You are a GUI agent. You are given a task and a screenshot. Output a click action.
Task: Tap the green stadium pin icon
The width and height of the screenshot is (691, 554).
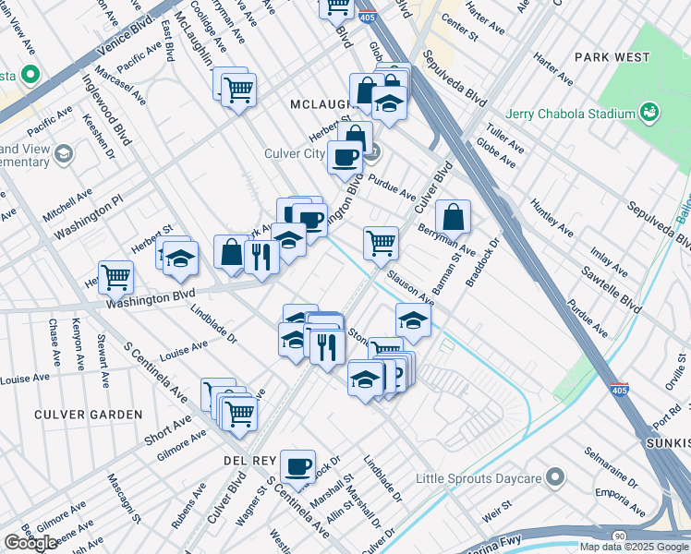click(x=650, y=113)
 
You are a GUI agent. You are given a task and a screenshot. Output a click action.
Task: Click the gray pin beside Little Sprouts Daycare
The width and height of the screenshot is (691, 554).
click(x=554, y=477)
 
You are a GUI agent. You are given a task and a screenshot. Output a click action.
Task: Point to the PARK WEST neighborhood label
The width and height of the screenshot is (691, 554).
click(x=612, y=57)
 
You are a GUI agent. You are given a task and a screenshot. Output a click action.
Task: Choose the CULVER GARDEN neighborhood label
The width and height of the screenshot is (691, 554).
click(x=89, y=415)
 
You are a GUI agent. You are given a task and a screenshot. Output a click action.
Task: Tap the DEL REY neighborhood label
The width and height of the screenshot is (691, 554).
click(x=245, y=459)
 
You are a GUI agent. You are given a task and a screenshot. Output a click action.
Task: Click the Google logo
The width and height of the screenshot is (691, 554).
click(x=30, y=543)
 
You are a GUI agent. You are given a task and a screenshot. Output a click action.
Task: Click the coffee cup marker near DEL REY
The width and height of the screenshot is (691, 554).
click(x=297, y=467)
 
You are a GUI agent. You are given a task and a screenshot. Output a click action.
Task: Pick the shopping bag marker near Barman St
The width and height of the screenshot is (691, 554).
click(x=453, y=218)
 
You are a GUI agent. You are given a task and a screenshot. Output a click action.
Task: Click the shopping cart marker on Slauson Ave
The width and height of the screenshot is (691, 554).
click(x=381, y=244)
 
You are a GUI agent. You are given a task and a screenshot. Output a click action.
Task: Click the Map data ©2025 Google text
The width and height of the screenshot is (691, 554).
click(x=635, y=547)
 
